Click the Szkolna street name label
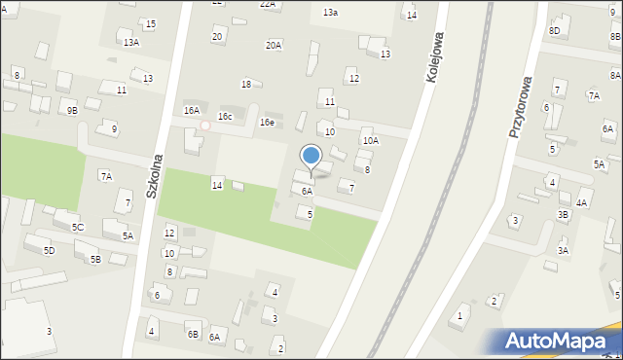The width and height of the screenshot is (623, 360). [x=153, y=176]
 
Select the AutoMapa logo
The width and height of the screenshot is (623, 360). [x=562, y=342]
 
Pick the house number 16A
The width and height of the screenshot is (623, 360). [x=192, y=111]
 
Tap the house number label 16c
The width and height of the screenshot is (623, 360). [x=225, y=117]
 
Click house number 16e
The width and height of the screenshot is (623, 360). [x=266, y=123]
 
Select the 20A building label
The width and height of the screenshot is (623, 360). [x=274, y=45]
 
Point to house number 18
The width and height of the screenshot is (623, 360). [x=246, y=84]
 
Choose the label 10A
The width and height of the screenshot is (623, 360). [x=371, y=141]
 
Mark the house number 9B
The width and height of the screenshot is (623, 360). [x=72, y=110]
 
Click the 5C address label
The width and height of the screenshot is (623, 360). [x=78, y=227]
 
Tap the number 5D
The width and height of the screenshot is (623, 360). [x=49, y=250]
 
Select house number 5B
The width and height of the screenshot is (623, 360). [x=95, y=259]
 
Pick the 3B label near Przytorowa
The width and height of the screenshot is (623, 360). [x=563, y=214]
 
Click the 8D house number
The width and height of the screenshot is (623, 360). [x=554, y=31]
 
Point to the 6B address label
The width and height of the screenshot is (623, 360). [x=193, y=334]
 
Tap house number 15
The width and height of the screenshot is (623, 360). [x=150, y=23]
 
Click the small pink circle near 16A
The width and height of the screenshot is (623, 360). [x=204, y=126]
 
